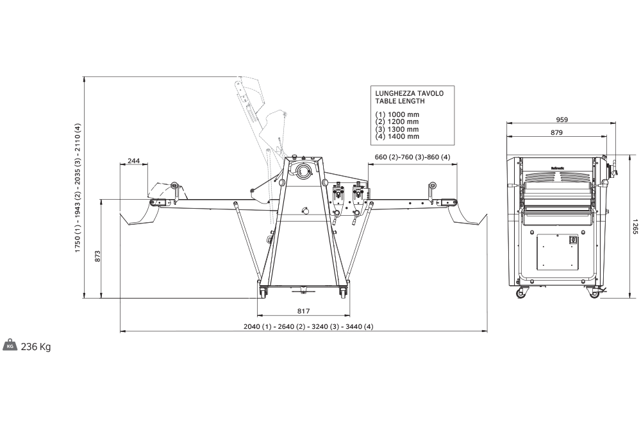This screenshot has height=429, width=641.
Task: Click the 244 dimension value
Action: pos(134,161)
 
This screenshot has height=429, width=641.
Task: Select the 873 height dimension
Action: pos(98,256)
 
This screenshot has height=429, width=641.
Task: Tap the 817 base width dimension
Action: pos(304,311)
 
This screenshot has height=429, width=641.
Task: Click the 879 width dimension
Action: pos(556,133)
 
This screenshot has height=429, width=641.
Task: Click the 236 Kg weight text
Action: pos(36,347)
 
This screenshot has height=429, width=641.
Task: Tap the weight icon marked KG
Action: pos(10,346)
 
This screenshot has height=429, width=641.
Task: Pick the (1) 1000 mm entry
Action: pos(397,114)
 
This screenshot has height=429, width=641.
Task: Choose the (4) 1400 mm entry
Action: pos(397,136)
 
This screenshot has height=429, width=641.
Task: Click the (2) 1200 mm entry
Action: pos(397,121)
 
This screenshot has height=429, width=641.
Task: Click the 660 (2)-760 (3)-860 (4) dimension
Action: pos(412,158)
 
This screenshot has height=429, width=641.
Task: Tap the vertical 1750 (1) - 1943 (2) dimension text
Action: pos(78,188)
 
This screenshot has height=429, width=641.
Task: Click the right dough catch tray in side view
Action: pos(467,213)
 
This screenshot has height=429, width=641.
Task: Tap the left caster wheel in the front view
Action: pos(520,293)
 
